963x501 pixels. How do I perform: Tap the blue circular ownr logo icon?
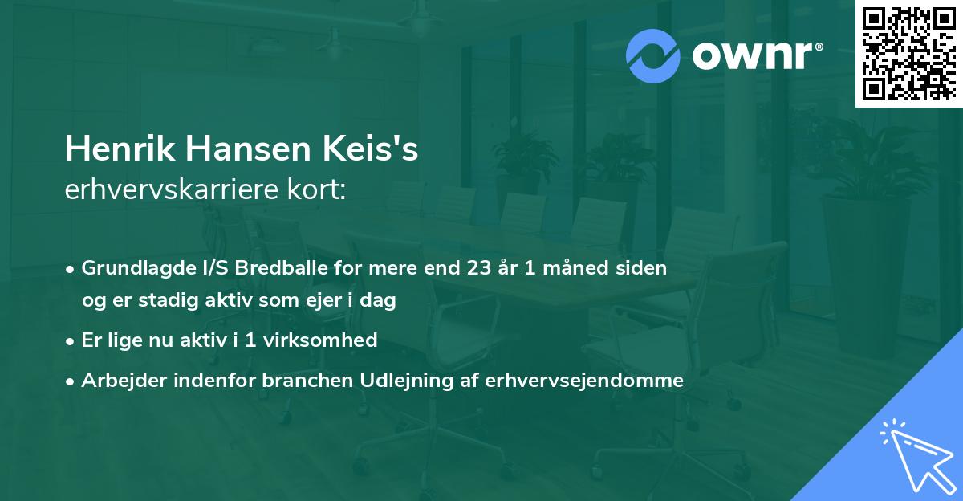[x=653, y=55]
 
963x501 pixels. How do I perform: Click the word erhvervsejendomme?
[x=583, y=381]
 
